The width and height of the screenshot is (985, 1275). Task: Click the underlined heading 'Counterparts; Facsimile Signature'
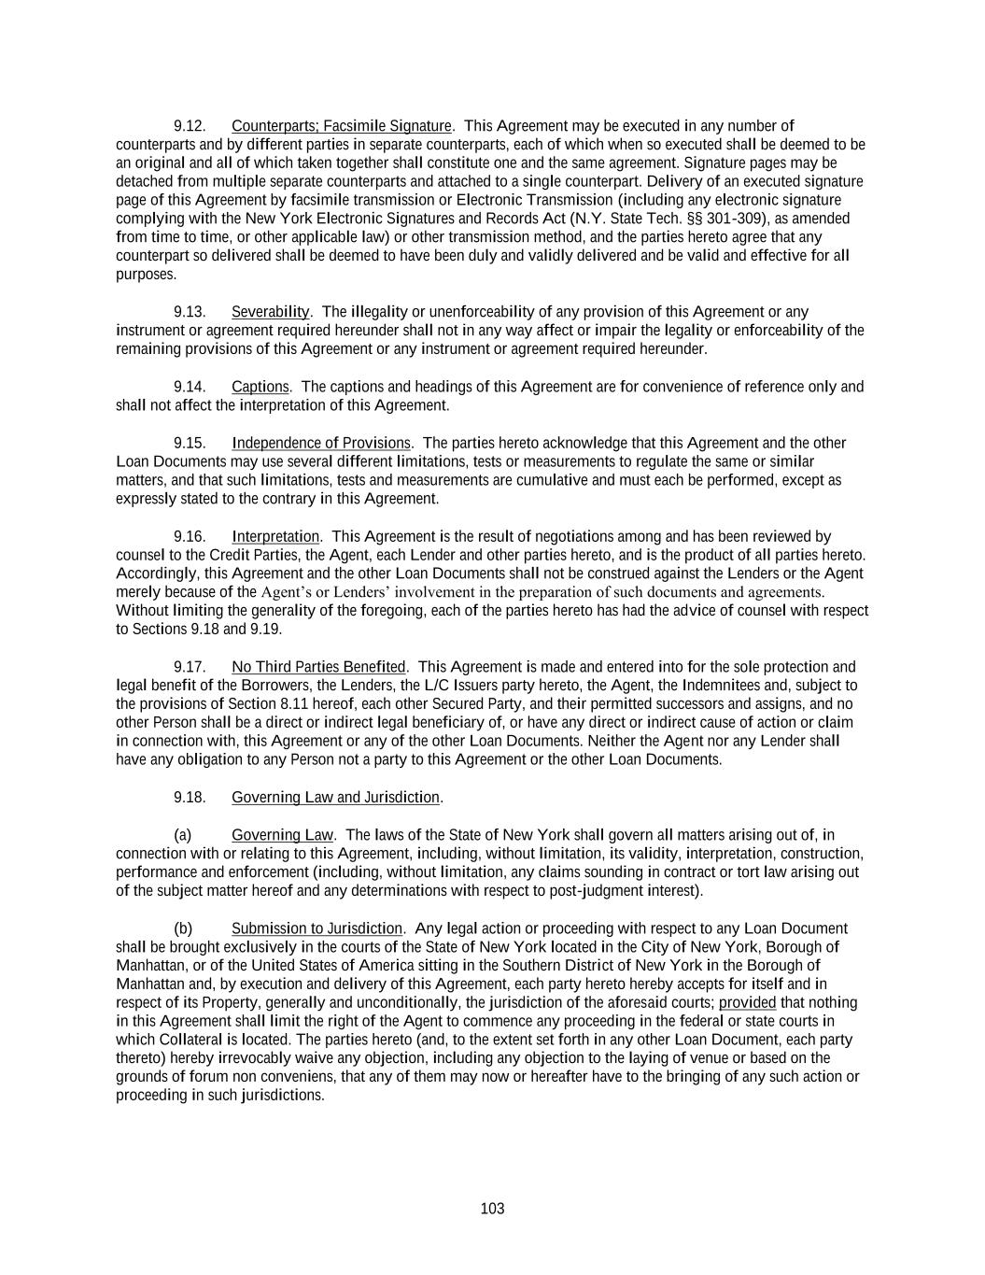341,126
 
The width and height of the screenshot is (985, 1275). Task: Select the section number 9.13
190,312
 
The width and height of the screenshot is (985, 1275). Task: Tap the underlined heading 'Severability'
270,312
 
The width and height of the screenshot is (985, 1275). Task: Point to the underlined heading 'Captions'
260,387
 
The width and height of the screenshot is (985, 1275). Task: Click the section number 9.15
190,443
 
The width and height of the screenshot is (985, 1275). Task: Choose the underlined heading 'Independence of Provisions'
321,443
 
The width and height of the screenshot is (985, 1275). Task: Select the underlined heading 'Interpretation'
275,536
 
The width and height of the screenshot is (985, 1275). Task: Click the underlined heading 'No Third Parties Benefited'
318,667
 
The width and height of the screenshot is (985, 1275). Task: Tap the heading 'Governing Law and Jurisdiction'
335,798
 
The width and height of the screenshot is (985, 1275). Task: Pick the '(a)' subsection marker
183,835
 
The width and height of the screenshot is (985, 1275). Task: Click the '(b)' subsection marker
183,928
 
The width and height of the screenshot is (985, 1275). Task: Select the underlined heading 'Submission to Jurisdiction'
317,928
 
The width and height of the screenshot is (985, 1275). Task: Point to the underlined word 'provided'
747,1003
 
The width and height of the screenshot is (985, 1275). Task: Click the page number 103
492,1209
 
